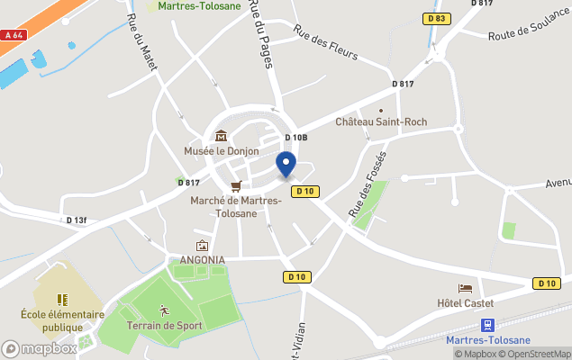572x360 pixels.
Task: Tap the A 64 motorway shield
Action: pos(13,35)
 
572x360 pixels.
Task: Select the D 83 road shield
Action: pos(437,18)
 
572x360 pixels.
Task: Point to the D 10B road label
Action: pos(296,138)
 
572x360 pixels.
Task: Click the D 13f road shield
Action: pos(77,220)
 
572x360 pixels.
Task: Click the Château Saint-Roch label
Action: pos(381,121)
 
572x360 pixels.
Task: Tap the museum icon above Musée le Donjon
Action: pos(221,136)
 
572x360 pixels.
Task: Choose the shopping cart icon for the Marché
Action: pos(236,186)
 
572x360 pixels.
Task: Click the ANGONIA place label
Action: pos(202,260)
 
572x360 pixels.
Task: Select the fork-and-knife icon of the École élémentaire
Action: pos(62,300)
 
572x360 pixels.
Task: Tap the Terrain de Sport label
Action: pos(165,325)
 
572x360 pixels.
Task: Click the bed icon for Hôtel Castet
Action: pos(464,288)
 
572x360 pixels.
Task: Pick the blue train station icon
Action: pos(487,325)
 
